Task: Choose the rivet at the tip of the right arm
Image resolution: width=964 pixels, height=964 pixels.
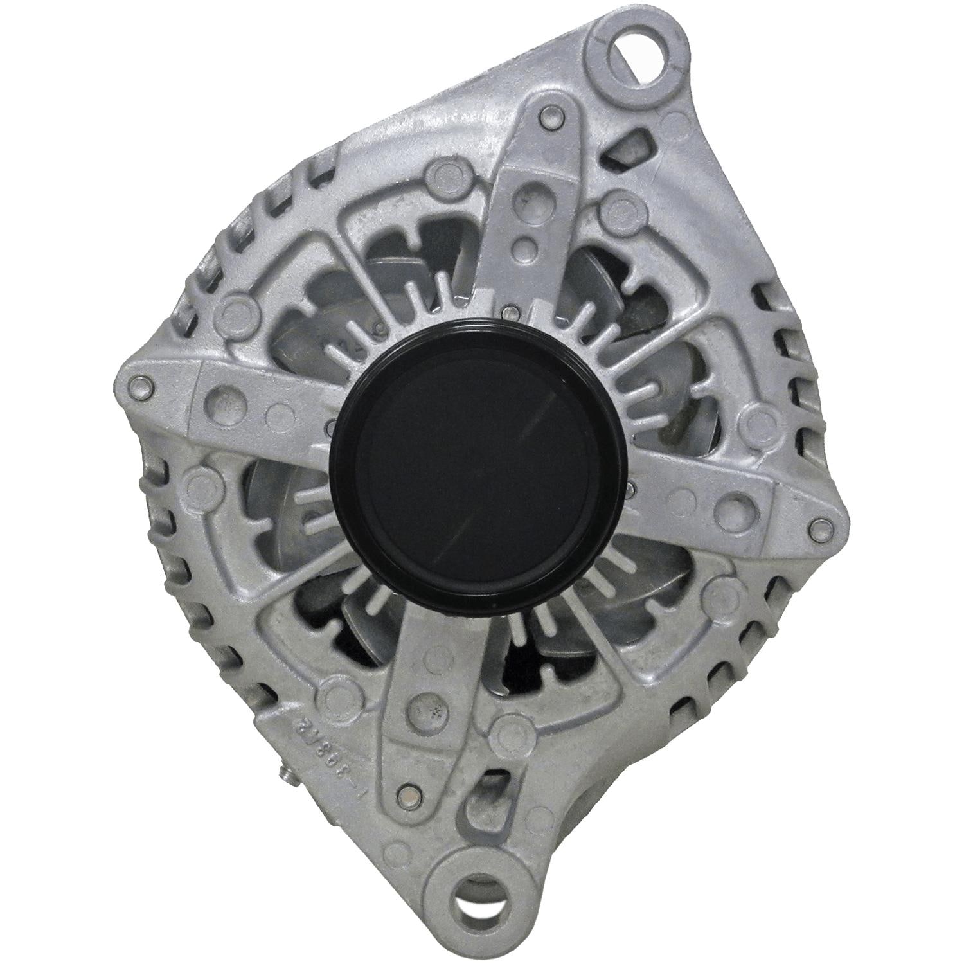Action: pos(819,528)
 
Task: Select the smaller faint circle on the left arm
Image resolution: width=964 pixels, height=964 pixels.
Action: pos(278,413)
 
